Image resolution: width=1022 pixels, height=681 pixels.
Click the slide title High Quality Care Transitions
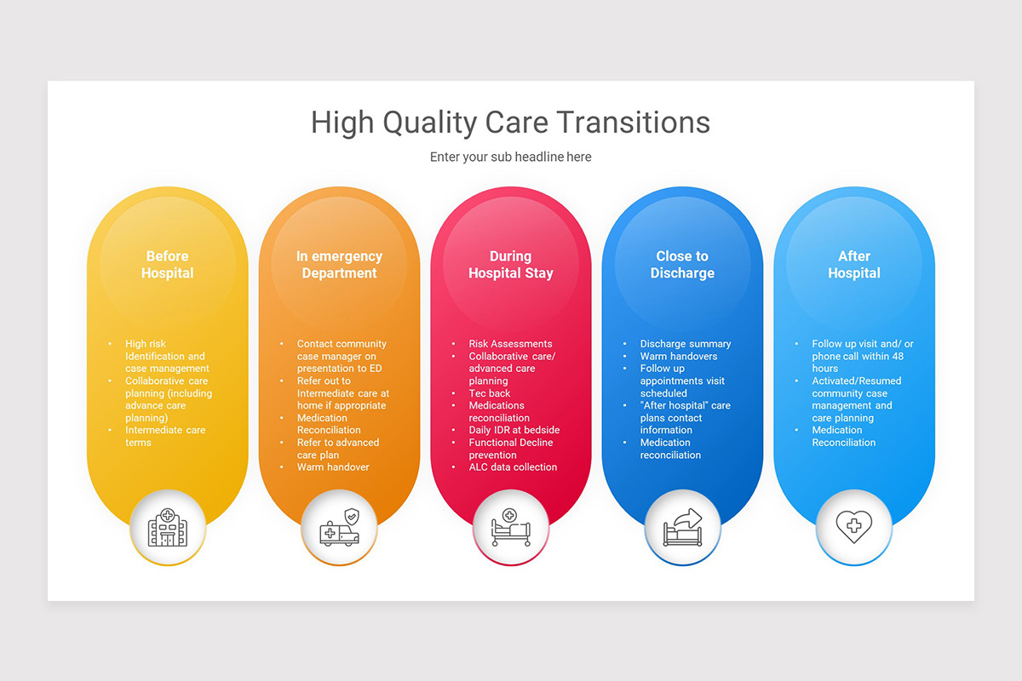510,122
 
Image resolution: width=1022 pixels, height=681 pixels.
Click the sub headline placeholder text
510,157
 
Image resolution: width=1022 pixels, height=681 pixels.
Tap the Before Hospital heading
167,265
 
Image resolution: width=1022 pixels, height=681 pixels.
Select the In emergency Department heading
339,265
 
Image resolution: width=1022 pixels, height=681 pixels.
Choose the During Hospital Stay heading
511,265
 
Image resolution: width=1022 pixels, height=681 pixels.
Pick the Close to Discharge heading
682,265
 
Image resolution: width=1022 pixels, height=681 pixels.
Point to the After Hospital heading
854,265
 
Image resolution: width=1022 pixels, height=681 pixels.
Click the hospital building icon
167,528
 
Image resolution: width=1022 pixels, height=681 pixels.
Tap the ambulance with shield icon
339,528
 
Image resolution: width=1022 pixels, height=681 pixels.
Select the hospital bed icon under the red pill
511,528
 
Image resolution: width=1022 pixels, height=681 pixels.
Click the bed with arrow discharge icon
682,528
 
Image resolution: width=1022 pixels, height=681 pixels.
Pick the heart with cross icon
854,528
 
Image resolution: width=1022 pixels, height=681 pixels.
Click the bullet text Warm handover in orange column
333,467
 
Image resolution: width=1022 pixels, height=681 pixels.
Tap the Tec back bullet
490,393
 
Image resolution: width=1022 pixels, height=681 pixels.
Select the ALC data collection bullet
513,467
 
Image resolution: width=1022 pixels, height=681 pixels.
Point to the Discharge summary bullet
686,344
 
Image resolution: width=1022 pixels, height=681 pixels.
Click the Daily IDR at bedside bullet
514,430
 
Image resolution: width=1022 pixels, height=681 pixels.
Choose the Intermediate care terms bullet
165,436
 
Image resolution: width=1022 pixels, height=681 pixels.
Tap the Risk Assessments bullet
510,344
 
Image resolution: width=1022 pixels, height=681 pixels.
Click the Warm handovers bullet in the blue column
679,356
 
